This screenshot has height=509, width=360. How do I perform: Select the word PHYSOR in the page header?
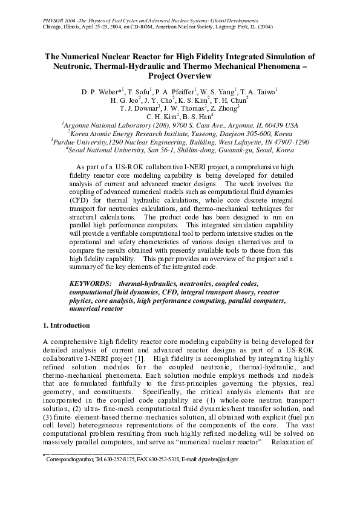54,21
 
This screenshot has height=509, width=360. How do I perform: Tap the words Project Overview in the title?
180,76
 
